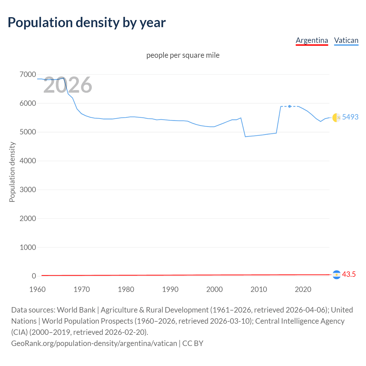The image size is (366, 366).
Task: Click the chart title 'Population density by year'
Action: [87, 23]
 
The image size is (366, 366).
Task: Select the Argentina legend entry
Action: [312, 40]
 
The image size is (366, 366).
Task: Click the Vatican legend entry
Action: [346, 40]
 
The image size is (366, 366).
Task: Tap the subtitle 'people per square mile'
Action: [183, 55]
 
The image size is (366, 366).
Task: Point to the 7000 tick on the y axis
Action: [28, 75]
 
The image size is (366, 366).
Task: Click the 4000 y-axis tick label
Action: [28, 161]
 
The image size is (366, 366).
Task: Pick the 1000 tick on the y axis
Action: [28, 247]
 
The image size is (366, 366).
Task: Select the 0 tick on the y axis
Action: [34, 276]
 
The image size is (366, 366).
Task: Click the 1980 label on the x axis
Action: [126, 289]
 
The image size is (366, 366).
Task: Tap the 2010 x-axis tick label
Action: [259, 289]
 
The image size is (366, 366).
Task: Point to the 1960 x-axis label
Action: [37, 289]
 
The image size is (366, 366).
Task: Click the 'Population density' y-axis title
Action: [12, 172]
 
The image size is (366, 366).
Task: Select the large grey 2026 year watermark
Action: [68, 85]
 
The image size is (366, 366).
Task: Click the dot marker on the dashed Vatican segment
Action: [290, 106]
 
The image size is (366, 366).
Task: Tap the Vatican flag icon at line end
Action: [337, 117]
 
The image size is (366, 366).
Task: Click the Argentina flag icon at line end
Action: [337, 274]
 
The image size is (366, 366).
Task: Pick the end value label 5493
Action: [350, 117]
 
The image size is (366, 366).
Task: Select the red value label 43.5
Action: [349, 274]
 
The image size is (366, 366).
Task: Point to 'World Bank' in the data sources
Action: [76, 310]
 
